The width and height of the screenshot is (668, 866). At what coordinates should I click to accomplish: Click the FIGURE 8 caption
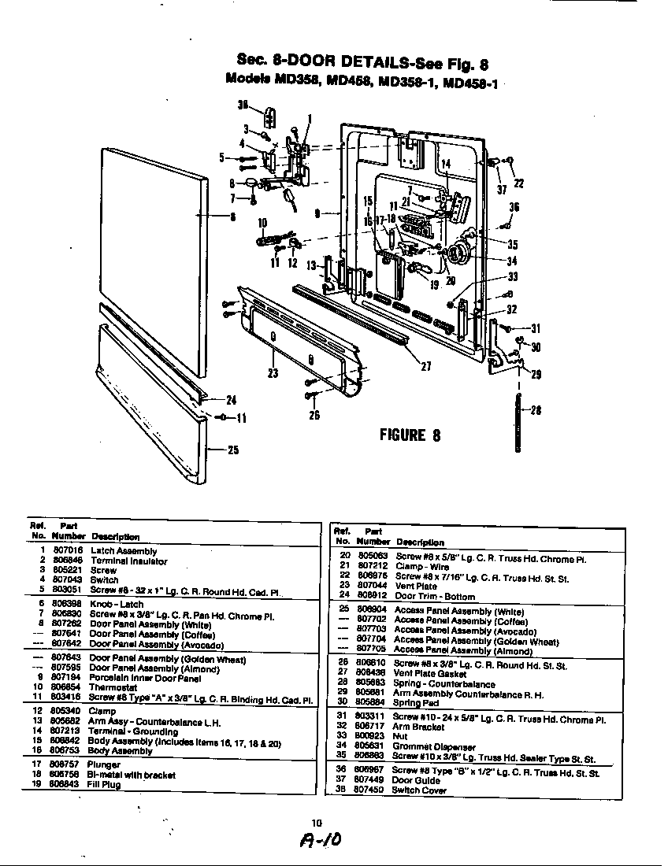point(410,435)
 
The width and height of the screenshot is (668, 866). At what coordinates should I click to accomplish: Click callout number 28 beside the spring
point(536,409)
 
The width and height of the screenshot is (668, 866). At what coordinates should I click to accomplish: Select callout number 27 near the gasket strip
point(426,365)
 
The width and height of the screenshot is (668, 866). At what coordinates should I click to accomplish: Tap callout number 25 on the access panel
point(233,450)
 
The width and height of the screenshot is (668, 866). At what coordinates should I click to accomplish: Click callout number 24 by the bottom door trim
point(232,399)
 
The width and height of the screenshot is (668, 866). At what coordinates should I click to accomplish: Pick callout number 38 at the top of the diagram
point(243,104)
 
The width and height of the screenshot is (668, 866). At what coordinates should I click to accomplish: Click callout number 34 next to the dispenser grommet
point(512,261)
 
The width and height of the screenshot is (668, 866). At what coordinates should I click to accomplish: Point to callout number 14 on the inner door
point(445,164)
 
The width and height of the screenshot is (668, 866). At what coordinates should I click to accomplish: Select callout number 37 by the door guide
point(501,189)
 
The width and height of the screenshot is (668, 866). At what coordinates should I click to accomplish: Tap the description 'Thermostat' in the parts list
point(113,687)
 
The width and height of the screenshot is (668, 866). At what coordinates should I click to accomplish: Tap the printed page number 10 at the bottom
point(317,823)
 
